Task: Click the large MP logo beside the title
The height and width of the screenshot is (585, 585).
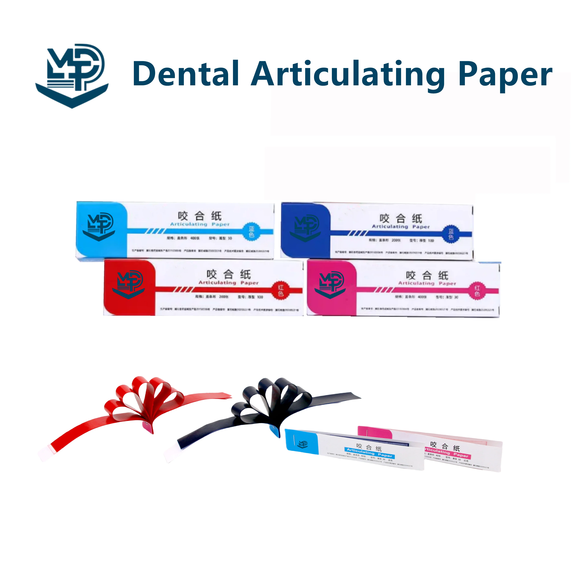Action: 72,76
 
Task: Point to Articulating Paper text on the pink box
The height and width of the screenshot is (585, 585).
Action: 427,283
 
